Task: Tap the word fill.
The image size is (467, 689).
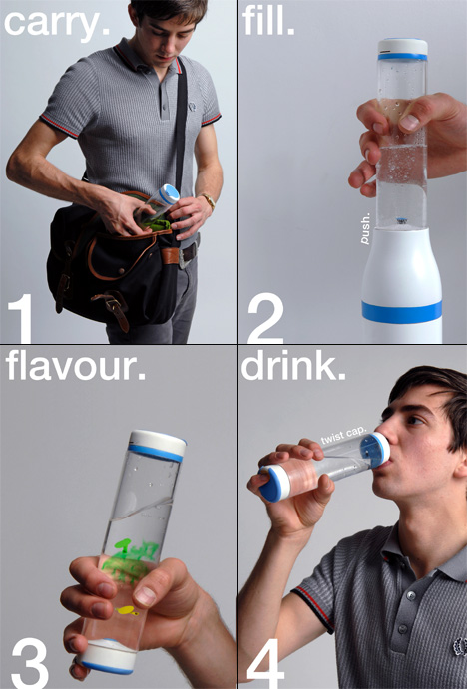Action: [x=268, y=21]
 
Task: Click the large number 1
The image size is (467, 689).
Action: [x=21, y=318]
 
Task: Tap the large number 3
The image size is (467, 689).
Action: [x=30, y=663]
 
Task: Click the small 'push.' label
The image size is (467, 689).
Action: [x=365, y=229]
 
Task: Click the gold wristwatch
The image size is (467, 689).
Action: [x=209, y=201]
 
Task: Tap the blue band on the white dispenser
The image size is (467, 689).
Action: [x=401, y=312]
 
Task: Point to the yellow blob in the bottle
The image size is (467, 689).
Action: [x=127, y=610]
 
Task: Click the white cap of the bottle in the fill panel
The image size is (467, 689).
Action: [x=403, y=49]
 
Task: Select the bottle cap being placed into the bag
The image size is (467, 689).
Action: [x=169, y=194]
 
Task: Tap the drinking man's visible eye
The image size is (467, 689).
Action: [x=414, y=420]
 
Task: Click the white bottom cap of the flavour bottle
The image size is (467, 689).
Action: [x=108, y=657]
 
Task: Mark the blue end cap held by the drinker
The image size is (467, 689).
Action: [x=271, y=483]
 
